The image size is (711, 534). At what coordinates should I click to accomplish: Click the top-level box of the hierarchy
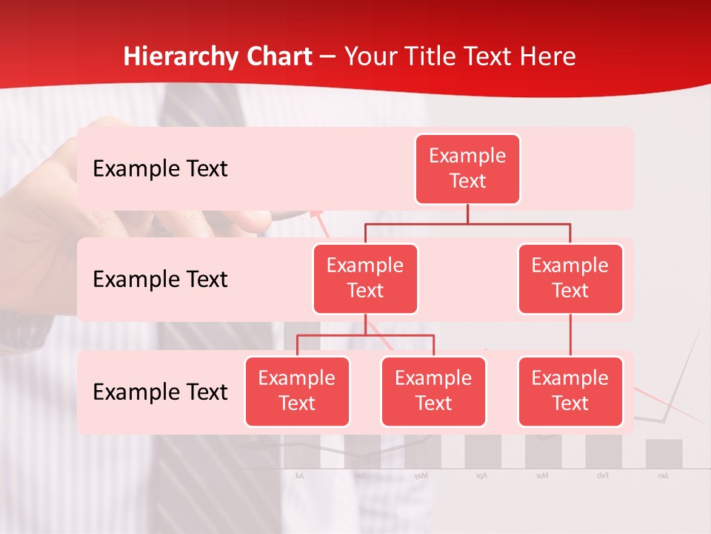[467, 168]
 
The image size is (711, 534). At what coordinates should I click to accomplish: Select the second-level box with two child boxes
[365, 278]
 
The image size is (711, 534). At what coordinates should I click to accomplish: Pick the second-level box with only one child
[570, 278]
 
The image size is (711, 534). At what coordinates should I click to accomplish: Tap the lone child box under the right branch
[570, 391]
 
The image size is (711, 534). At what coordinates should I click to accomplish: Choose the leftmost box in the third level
[297, 391]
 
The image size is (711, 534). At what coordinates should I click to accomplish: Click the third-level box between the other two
[433, 391]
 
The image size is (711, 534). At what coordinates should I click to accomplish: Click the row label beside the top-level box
[160, 169]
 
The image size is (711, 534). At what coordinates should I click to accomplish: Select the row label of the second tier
[160, 280]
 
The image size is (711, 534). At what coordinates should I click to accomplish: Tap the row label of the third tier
[160, 392]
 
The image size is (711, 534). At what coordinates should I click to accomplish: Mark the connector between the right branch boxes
[570, 335]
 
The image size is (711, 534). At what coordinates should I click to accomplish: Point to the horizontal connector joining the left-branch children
[365, 335]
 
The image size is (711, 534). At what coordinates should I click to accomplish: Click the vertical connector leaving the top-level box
[467, 214]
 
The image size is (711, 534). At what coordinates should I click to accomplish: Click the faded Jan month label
[663, 475]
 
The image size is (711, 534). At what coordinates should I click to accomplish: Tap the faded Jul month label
[299, 475]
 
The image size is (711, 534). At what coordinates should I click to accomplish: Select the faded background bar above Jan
[664, 454]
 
